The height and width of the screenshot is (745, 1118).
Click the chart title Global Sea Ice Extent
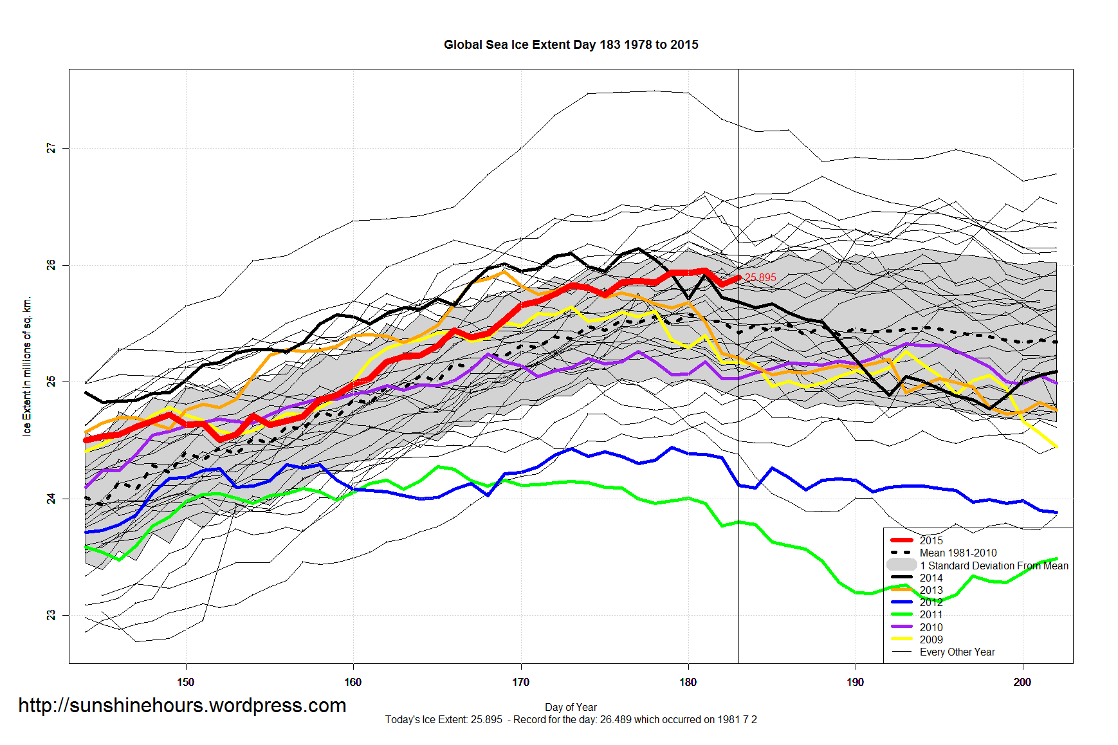(x=571, y=45)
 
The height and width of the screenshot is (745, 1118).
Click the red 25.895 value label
(x=760, y=278)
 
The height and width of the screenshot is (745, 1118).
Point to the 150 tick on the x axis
(x=185, y=683)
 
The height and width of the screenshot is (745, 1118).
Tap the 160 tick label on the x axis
(x=353, y=683)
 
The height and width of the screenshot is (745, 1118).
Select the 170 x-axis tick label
(x=520, y=683)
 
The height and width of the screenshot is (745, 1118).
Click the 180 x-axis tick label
(x=688, y=683)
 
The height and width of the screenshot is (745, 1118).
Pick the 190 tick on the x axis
(x=855, y=683)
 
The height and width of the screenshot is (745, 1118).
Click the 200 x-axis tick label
(x=1022, y=683)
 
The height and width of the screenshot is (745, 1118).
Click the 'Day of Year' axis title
(x=571, y=708)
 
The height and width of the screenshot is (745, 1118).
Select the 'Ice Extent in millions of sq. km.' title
(x=27, y=366)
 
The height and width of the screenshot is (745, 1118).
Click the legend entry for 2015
(x=931, y=541)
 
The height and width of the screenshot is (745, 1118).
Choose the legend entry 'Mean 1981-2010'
(x=958, y=553)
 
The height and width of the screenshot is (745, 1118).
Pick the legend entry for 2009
(x=931, y=640)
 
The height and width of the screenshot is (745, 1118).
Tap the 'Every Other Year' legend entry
(x=957, y=652)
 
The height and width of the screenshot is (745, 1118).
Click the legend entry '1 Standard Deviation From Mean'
(x=993, y=566)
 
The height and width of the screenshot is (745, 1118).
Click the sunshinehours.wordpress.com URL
(x=182, y=706)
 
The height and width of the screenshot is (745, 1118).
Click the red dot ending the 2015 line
(x=739, y=277)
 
